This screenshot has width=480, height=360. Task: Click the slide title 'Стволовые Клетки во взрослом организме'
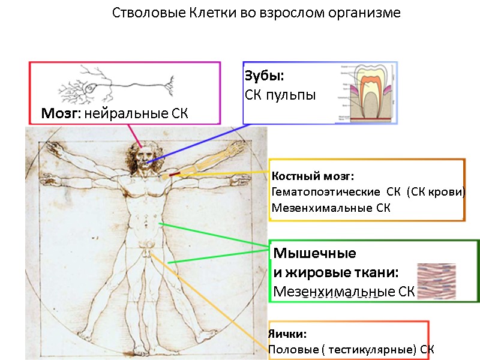point(257,13)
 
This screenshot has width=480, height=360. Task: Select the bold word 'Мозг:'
point(61,113)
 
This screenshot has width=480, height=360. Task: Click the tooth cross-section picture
point(365,92)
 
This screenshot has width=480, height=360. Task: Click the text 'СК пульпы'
point(280,95)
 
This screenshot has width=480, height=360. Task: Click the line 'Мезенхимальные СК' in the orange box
point(331,208)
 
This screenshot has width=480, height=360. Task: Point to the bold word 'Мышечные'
point(314,253)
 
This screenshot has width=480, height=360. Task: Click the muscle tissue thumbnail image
point(436,281)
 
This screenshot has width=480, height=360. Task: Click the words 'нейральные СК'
point(136,113)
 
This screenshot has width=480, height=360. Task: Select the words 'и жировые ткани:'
point(336,272)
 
